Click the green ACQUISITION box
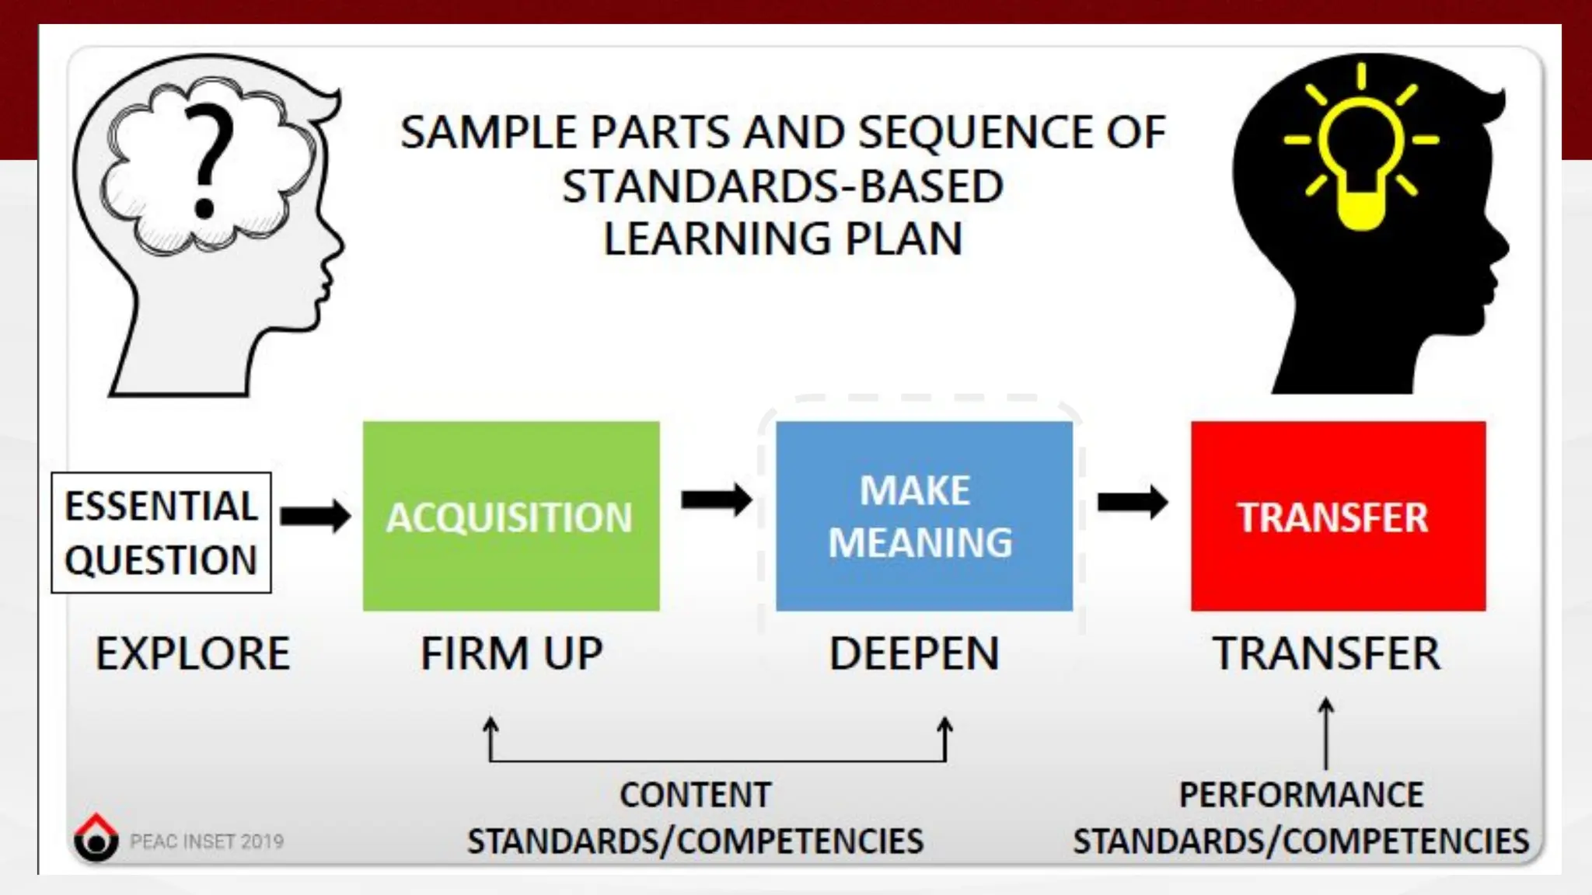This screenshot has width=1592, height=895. pos(511,516)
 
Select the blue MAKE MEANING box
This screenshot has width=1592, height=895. pos(923,516)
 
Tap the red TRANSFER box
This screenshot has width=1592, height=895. pos(1338,516)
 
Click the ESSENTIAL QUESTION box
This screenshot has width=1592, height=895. pos(161,533)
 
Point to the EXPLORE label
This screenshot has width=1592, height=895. pos(193,653)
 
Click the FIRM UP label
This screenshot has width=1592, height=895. pos(511,653)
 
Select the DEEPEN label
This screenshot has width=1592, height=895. pos(914,653)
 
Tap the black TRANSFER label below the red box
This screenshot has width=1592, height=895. pos(1326,653)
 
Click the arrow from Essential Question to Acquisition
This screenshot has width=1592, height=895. pos(316,515)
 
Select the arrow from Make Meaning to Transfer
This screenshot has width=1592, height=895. pos(1133,502)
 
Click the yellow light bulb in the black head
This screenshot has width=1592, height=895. pos(1361,155)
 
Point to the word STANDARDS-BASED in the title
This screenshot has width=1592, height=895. pos(783,186)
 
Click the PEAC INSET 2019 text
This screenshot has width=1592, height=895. pos(207,841)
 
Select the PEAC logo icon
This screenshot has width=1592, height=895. pos(96,838)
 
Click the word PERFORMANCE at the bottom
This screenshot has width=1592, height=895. pos(1301,795)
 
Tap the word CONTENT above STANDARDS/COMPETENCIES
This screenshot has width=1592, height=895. pos(695,795)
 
